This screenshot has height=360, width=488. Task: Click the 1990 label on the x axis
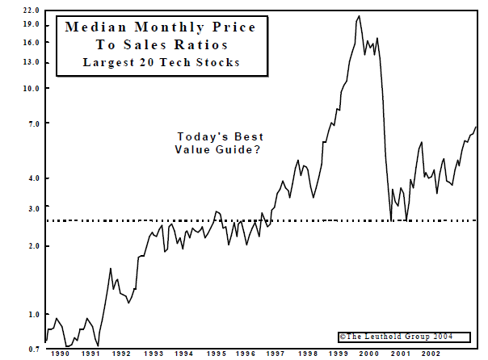pos(60,354)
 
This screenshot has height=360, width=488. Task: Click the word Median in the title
pos(95,27)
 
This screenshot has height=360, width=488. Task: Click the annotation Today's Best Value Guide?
pos(220,143)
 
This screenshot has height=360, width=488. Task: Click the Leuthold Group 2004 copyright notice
pos(395,336)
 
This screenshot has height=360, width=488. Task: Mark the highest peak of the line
pos(359,15)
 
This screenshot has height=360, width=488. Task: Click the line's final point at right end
pos(476,127)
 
